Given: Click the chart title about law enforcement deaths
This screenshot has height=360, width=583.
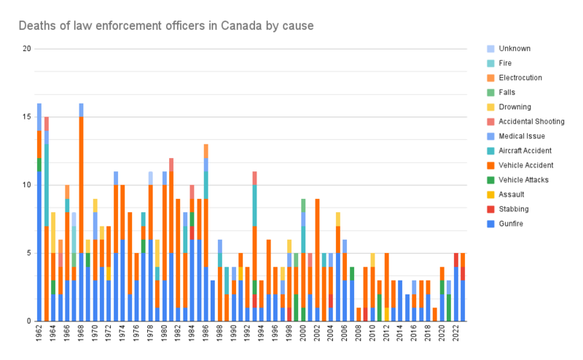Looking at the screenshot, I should [x=166, y=26].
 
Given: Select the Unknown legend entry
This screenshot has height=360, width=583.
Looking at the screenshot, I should [x=514, y=49].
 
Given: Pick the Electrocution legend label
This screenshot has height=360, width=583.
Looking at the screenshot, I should [x=520, y=78].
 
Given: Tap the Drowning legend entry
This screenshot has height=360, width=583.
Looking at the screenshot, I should [x=516, y=107].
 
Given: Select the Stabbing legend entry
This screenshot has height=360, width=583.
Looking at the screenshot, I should [x=514, y=209].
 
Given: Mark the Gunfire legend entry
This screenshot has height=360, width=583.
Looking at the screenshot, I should [x=514, y=224].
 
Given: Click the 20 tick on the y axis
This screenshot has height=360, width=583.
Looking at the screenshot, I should [x=27, y=49].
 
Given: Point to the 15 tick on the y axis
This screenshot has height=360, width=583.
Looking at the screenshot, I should [x=27, y=117].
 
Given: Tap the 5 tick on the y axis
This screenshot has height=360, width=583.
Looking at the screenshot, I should [x=29, y=253].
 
